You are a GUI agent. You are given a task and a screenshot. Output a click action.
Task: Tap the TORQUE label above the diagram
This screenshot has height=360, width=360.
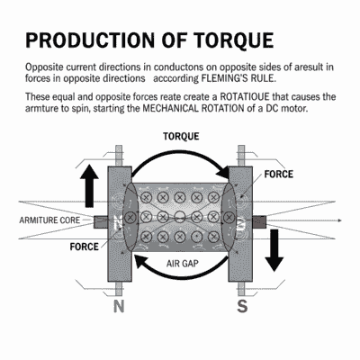pyautogui.click(x=181, y=137)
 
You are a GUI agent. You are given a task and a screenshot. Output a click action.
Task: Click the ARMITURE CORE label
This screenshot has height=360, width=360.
pyautogui.click(x=49, y=220)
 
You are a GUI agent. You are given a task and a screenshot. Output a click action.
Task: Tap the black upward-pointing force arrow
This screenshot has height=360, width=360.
pyautogui.click(x=90, y=184)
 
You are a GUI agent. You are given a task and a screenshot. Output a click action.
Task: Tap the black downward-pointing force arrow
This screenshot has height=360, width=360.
pyautogui.click(x=274, y=249)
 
